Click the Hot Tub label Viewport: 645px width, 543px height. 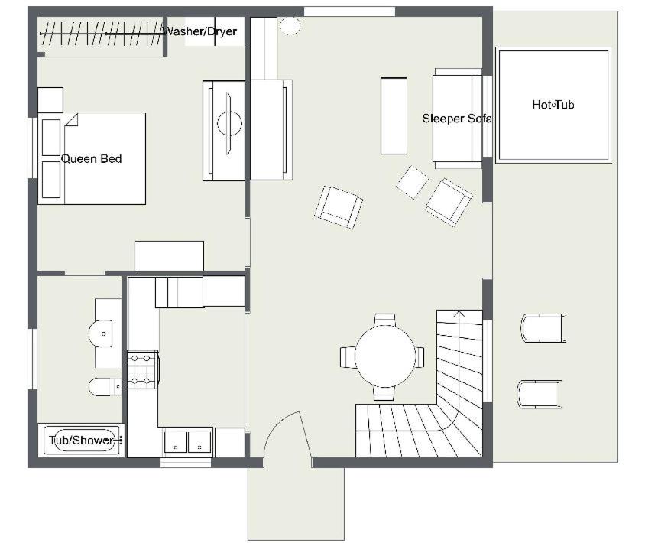553,105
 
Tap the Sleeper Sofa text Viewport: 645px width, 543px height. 457,119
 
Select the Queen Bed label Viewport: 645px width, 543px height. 91,159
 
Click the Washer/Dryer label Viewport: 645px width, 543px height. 200,31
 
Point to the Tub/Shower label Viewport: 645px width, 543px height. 82,440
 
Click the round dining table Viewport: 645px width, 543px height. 385,356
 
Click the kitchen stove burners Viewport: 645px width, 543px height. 143,369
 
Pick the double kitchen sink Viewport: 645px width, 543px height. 188,441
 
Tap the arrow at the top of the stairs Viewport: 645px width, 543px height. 460,315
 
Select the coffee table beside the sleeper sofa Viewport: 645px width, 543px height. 394,115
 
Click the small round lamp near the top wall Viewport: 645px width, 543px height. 290,25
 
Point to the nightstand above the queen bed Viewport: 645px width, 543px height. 50,100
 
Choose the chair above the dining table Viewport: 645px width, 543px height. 385,320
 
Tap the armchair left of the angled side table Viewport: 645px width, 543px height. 338,207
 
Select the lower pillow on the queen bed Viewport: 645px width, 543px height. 51,180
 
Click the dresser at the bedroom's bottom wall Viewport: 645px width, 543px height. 169,256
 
